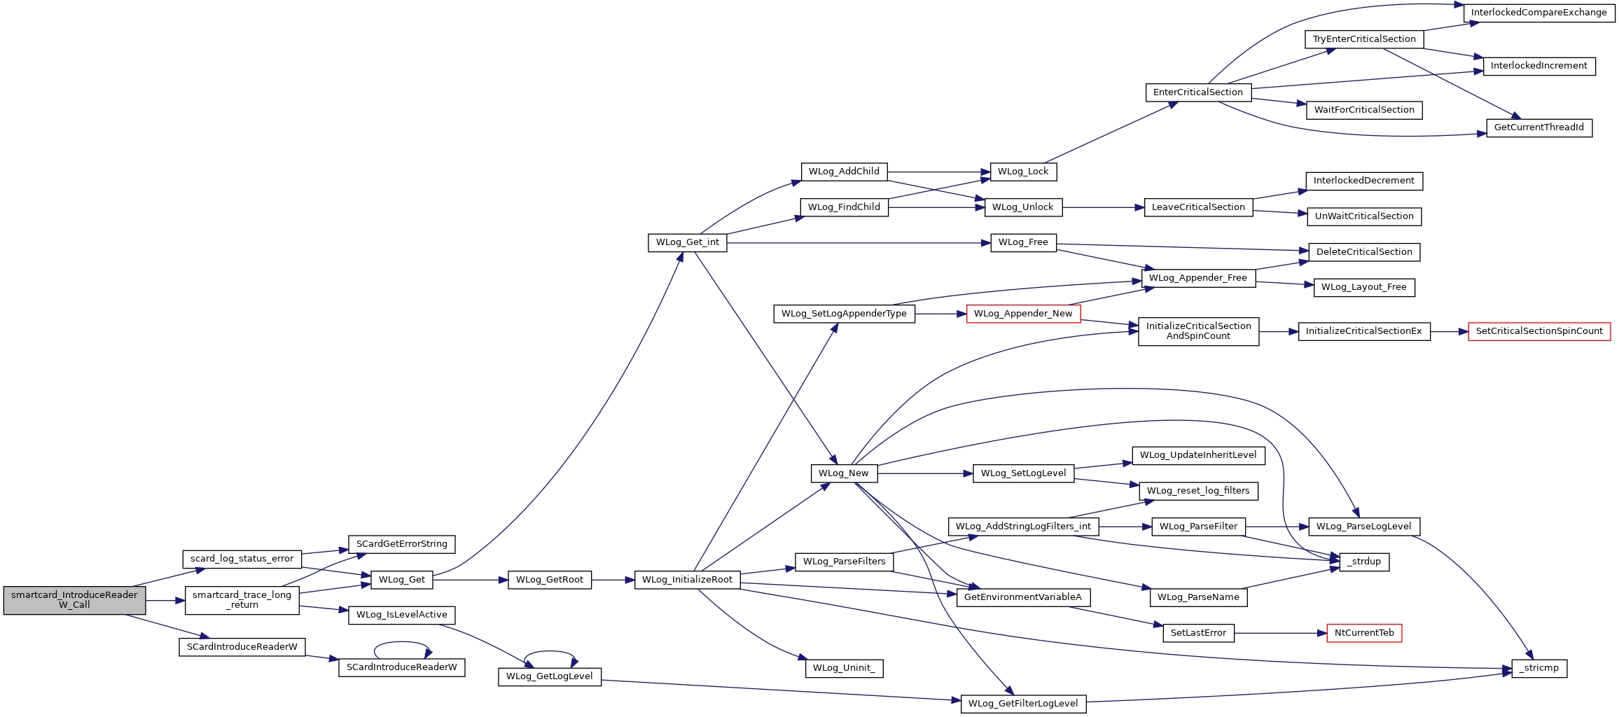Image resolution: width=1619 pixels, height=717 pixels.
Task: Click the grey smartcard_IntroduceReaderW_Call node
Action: click(x=74, y=600)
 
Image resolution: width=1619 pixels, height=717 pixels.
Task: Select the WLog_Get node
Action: click(x=402, y=580)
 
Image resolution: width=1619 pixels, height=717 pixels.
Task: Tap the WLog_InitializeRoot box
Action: click(x=687, y=580)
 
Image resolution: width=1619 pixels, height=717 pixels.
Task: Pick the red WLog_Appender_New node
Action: click(x=1023, y=314)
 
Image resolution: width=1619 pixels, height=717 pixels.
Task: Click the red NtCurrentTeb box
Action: click(x=1364, y=633)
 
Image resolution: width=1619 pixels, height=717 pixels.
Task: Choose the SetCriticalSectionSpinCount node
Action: click(x=1539, y=331)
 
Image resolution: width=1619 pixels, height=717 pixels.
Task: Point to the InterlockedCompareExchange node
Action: click(x=1539, y=13)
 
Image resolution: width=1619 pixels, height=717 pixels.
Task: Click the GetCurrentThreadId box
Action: click(x=1539, y=127)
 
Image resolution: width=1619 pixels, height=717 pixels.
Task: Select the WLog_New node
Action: click(x=844, y=473)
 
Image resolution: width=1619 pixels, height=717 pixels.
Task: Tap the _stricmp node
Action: click(x=1539, y=668)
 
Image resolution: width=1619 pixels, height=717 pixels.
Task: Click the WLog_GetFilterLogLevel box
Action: click(x=1023, y=704)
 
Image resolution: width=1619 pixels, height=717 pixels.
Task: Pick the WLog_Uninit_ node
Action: click(x=844, y=668)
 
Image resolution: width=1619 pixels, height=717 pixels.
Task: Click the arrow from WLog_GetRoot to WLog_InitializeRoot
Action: click(x=613, y=580)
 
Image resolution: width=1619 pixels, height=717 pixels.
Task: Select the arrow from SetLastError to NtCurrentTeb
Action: click(x=1281, y=633)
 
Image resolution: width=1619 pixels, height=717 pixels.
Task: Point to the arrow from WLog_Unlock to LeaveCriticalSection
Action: click(x=1103, y=207)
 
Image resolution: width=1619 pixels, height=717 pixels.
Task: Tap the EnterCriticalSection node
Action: click(x=1198, y=92)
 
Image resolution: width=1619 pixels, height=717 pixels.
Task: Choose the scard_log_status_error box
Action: click(x=242, y=559)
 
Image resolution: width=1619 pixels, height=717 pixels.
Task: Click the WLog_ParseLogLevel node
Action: click(x=1364, y=527)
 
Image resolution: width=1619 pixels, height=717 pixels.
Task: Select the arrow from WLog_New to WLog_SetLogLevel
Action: click(x=925, y=473)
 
